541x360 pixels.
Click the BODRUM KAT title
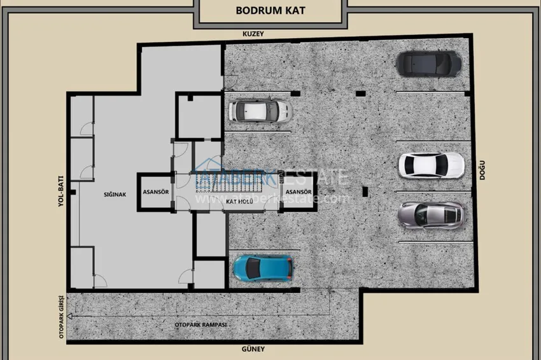(270, 10)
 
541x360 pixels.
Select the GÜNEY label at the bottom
(253, 349)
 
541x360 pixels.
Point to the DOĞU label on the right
(483, 170)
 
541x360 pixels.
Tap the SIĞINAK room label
(105, 194)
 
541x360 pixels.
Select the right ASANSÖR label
(298, 191)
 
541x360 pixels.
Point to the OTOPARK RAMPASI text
(200, 324)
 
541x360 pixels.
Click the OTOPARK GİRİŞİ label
(62, 316)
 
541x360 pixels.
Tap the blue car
(263, 268)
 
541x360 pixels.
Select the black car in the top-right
(428, 62)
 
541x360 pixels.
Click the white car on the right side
(431, 165)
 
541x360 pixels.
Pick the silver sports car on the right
(431, 215)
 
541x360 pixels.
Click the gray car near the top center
(260, 111)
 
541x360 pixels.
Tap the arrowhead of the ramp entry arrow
(70, 316)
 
